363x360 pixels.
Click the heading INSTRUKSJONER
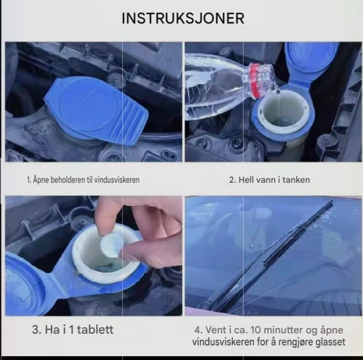click(183, 18)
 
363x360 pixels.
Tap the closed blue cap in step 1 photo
click(95, 110)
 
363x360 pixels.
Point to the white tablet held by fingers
click(111, 245)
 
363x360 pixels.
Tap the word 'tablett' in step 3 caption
click(95, 330)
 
